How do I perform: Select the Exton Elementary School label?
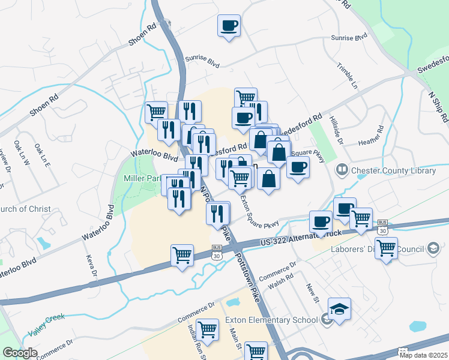[271, 320]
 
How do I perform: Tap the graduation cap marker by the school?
[340, 309]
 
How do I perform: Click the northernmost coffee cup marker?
[229, 26]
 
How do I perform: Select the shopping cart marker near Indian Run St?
[207, 329]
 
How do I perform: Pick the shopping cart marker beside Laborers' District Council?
[386, 246]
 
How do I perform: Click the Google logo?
[20, 353]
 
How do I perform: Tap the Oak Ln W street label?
[25, 154]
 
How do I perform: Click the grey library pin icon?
[342, 171]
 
